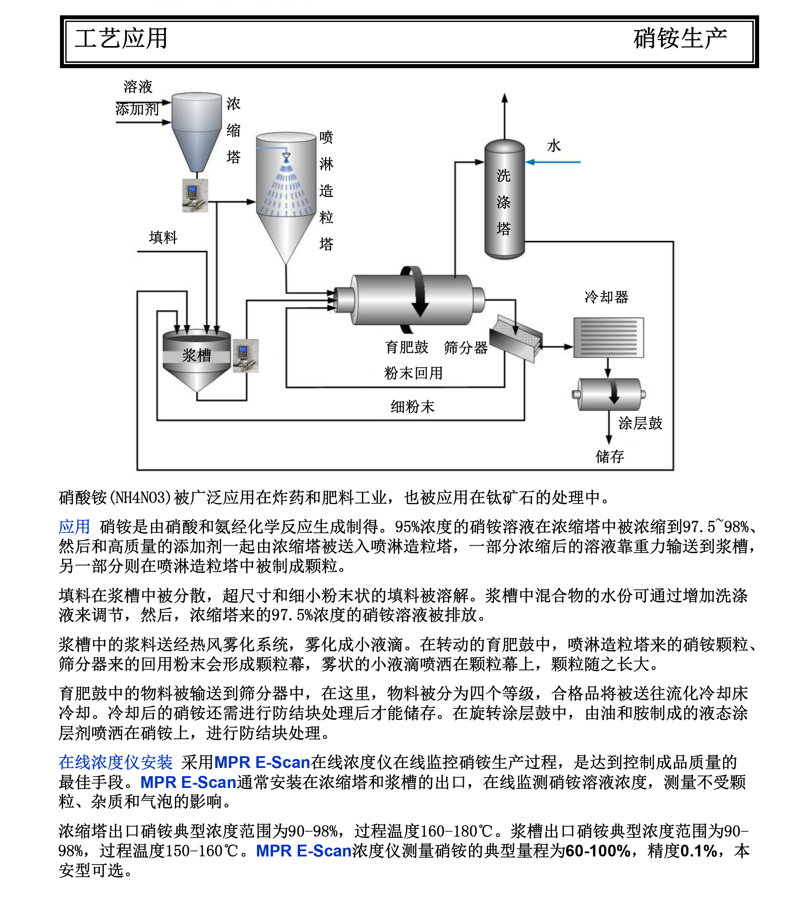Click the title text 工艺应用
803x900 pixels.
(121, 39)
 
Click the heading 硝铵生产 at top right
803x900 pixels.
(680, 39)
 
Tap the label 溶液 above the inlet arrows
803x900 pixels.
(138, 86)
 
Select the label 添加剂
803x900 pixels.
(137, 109)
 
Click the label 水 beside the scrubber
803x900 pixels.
(554, 146)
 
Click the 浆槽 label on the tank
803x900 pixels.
(197, 355)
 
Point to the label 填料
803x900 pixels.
(163, 238)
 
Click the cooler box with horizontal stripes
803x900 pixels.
(608, 338)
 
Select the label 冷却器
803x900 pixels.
(606, 297)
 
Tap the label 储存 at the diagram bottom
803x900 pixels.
(610, 456)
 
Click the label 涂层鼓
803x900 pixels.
(640, 423)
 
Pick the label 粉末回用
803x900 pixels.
(413, 373)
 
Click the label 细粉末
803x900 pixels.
(413, 406)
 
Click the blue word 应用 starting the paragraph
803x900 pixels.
(74, 527)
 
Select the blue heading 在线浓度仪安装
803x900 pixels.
(116, 762)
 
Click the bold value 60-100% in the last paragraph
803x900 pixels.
(598, 851)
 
